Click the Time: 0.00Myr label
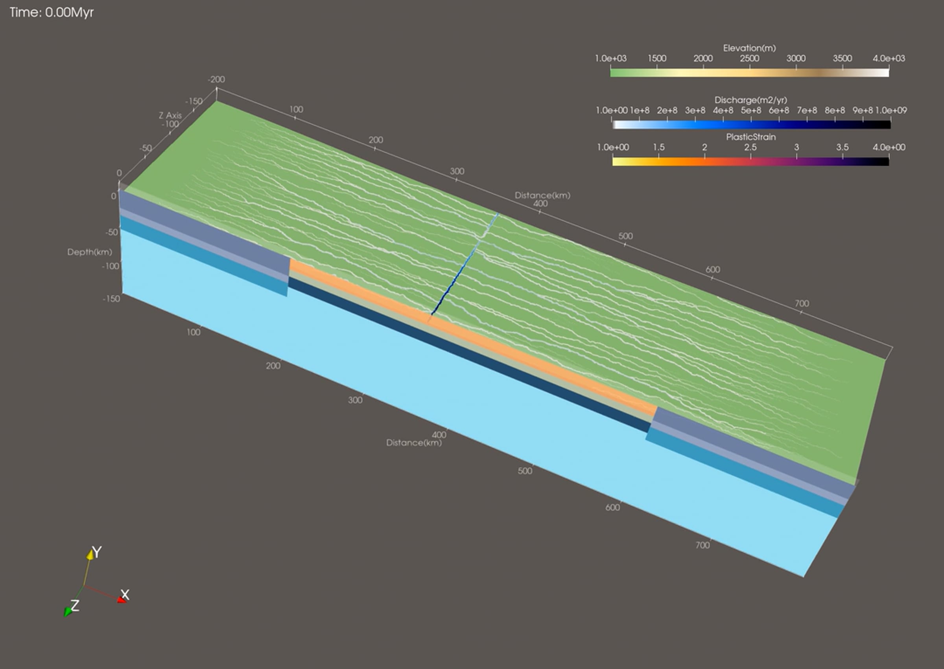pos(52,12)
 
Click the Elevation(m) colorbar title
pos(749,48)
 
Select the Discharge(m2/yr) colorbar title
pos(750,100)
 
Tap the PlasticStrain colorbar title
pos(750,137)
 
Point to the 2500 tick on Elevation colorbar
pos(749,59)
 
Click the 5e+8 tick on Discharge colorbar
pos(750,110)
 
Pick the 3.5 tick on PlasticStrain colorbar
pos(842,147)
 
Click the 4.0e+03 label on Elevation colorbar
pos(889,59)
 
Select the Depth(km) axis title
pos(89,252)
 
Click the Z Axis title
pos(170,115)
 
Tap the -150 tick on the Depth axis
pos(111,299)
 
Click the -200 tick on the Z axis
pos(216,79)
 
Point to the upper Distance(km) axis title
pos(542,195)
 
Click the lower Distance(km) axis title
pos(413,443)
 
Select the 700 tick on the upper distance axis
pos(802,303)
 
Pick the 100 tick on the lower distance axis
pos(194,332)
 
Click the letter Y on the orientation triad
pos(96,552)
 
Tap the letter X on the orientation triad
pos(125,594)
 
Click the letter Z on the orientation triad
pos(75,605)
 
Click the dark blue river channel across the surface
pos(465,264)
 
